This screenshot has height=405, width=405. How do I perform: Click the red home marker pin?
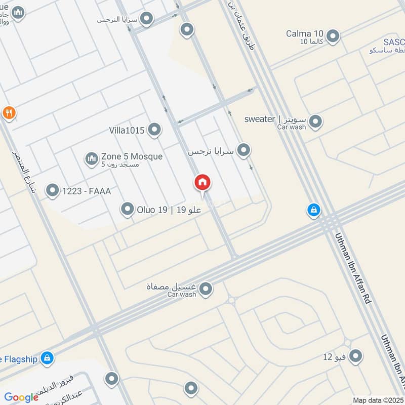click(202, 183)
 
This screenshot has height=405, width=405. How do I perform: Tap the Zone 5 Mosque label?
click(132, 157)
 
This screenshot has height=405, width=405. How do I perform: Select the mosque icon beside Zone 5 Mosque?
click(91, 159)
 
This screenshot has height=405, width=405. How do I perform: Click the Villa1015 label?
click(127, 130)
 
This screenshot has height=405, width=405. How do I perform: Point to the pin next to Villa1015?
click(154, 130)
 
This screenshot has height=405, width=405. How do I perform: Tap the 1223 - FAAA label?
click(86, 191)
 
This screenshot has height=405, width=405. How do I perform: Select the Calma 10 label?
click(304, 34)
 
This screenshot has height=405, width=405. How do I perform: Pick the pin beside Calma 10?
click(333, 36)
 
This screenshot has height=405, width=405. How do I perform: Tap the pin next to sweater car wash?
click(315, 121)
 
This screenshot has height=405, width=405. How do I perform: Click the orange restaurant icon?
click(8, 112)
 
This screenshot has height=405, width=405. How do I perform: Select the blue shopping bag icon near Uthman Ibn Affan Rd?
click(314, 210)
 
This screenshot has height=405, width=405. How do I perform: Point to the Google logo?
click(21, 397)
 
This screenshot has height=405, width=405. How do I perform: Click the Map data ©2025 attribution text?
click(377, 400)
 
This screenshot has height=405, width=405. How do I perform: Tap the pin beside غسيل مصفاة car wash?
click(206, 289)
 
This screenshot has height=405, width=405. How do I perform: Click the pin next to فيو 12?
click(356, 356)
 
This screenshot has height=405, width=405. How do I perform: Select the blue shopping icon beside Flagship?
click(47, 358)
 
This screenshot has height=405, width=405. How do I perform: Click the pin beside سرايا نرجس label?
click(244, 150)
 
